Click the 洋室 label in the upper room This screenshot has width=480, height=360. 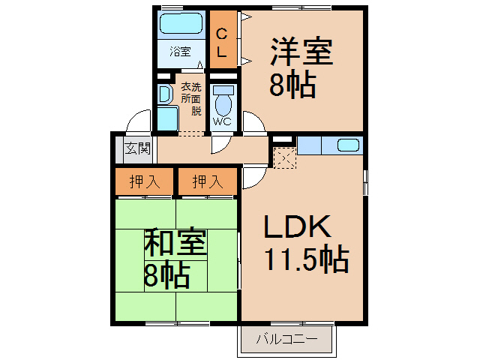(x=301, y=54)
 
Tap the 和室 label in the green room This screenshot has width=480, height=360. (x=175, y=243)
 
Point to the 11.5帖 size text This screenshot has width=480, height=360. (x=305, y=260)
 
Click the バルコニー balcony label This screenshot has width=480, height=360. (x=286, y=339)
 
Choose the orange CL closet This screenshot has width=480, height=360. (x=222, y=43)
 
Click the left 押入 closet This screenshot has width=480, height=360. (x=145, y=181)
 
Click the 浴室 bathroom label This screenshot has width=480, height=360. (x=180, y=52)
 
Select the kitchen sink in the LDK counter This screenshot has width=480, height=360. (x=348, y=145)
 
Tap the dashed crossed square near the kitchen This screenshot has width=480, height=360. (x=285, y=157)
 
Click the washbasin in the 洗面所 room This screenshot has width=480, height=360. (x=164, y=94)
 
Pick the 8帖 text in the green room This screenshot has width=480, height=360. (x=166, y=276)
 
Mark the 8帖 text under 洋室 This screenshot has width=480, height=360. (x=292, y=85)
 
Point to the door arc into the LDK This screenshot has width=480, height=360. (x=252, y=178)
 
